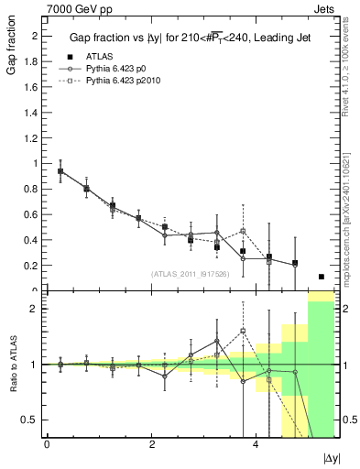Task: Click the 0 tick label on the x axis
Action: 47,443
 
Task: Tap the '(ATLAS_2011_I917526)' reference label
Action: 191,275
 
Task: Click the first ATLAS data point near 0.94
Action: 60,171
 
